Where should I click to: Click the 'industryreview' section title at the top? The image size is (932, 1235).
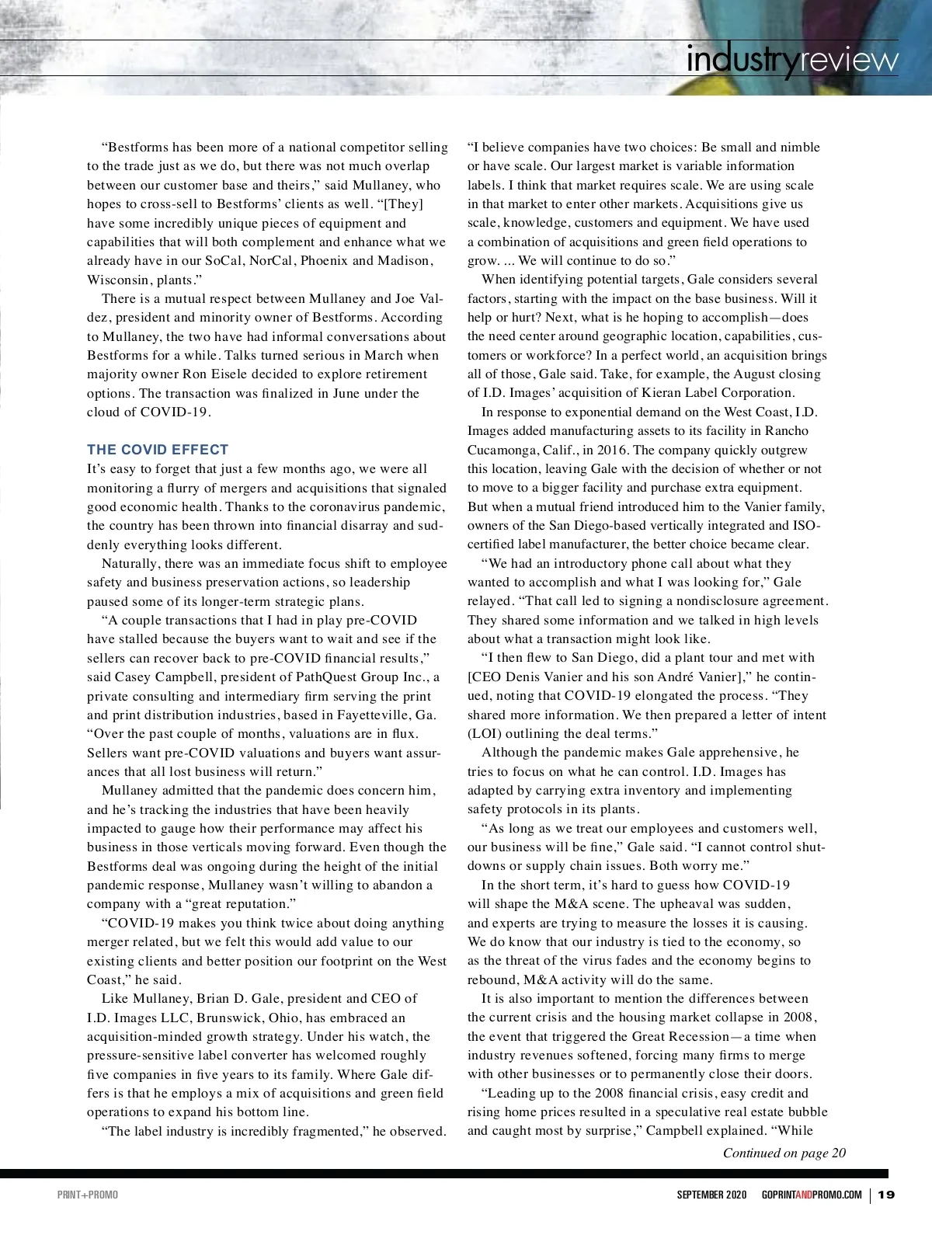792,60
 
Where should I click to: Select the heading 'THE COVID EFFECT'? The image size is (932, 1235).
158,450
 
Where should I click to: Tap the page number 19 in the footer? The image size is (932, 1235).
887,1195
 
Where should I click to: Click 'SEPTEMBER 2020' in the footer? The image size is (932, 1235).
711,1195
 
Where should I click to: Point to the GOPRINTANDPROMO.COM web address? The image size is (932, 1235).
812,1195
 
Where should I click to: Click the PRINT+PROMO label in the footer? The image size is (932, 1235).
88,1195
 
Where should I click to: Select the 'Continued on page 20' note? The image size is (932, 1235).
784,1153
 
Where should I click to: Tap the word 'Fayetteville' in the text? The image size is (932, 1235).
375,715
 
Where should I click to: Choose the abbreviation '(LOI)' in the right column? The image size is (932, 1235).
485,733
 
